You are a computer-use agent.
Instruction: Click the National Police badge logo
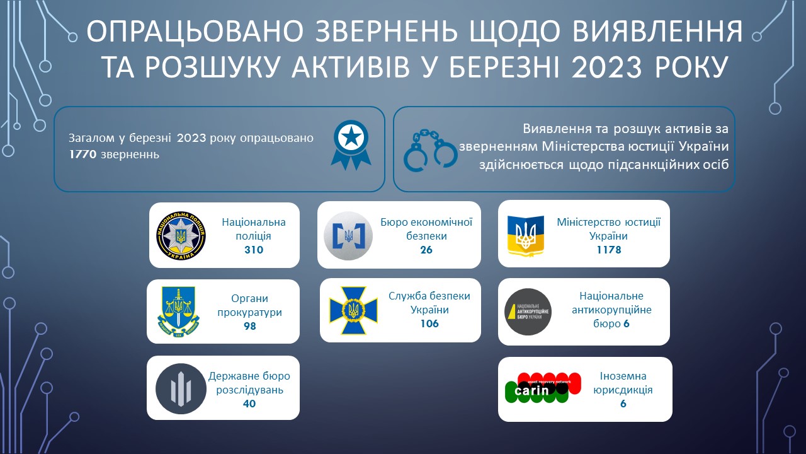click(181, 236)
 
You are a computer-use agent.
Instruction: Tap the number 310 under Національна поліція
click(254, 250)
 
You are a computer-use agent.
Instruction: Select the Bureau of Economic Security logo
click(348, 236)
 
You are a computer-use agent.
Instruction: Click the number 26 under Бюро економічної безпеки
click(426, 250)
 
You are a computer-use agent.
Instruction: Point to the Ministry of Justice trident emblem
click(525, 236)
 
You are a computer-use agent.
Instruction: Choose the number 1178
click(609, 250)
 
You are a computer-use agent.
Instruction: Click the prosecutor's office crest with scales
click(178, 311)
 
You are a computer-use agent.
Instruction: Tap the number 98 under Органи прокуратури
click(250, 326)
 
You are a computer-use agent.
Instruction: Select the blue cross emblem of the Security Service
click(353, 310)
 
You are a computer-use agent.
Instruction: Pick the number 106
click(429, 323)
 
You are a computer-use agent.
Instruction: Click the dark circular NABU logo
click(528, 312)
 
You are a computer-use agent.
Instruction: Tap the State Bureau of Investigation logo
click(181, 389)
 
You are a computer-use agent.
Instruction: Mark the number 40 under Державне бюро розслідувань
click(249, 404)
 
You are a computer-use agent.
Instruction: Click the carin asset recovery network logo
click(543, 388)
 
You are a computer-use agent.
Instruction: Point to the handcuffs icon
click(430, 150)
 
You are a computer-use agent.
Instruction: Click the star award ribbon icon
click(351, 145)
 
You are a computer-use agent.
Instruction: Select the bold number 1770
click(82, 154)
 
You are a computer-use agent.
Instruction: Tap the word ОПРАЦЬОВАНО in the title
click(195, 32)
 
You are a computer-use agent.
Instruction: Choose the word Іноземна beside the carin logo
click(623, 376)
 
